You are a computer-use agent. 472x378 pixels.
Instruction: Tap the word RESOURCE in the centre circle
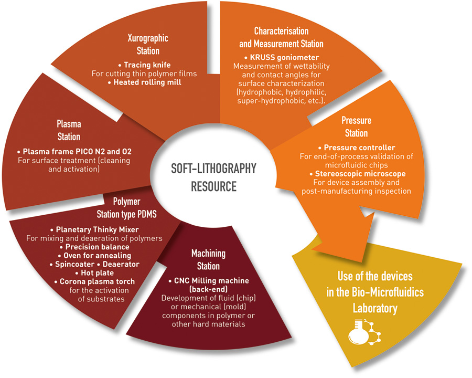tap(214, 186)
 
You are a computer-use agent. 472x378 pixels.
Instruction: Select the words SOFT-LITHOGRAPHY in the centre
tap(213, 168)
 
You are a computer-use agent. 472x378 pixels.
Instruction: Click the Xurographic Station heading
tap(148, 44)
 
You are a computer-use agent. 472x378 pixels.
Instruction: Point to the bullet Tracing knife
tap(145, 65)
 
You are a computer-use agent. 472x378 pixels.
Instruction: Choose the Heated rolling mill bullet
tap(145, 82)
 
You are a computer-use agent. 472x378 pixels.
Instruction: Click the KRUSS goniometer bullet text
tap(282, 57)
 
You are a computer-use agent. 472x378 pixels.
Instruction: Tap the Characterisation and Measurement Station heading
tap(281, 37)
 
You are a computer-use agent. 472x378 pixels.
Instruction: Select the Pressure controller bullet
tap(357, 148)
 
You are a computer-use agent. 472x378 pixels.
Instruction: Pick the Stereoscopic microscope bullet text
tap(357, 174)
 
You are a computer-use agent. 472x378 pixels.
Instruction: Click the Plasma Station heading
tap(69, 130)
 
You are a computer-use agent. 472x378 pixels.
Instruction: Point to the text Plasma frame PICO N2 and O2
tap(74, 151)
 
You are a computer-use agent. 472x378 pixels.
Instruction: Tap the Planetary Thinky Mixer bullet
tap(94, 229)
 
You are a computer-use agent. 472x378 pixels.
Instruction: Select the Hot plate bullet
tap(94, 273)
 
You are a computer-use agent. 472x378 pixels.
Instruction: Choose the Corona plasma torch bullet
tap(94, 281)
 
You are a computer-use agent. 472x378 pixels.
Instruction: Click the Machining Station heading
tap(208, 259)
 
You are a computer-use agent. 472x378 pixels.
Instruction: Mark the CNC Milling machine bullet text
tap(209, 285)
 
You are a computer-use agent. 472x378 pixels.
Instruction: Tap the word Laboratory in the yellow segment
tap(375, 308)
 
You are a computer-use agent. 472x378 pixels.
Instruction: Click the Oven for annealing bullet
tap(94, 256)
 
